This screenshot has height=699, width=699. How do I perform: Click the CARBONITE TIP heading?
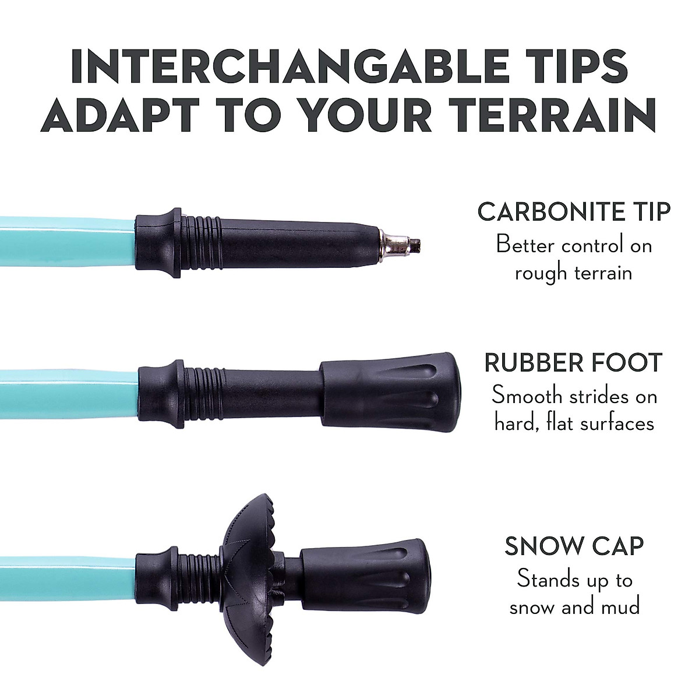pyautogui.click(x=574, y=211)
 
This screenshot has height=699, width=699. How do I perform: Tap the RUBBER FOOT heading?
pyautogui.click(x=574, y=363)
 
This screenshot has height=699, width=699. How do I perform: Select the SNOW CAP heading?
pyautogui.click(x=574, y=546)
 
